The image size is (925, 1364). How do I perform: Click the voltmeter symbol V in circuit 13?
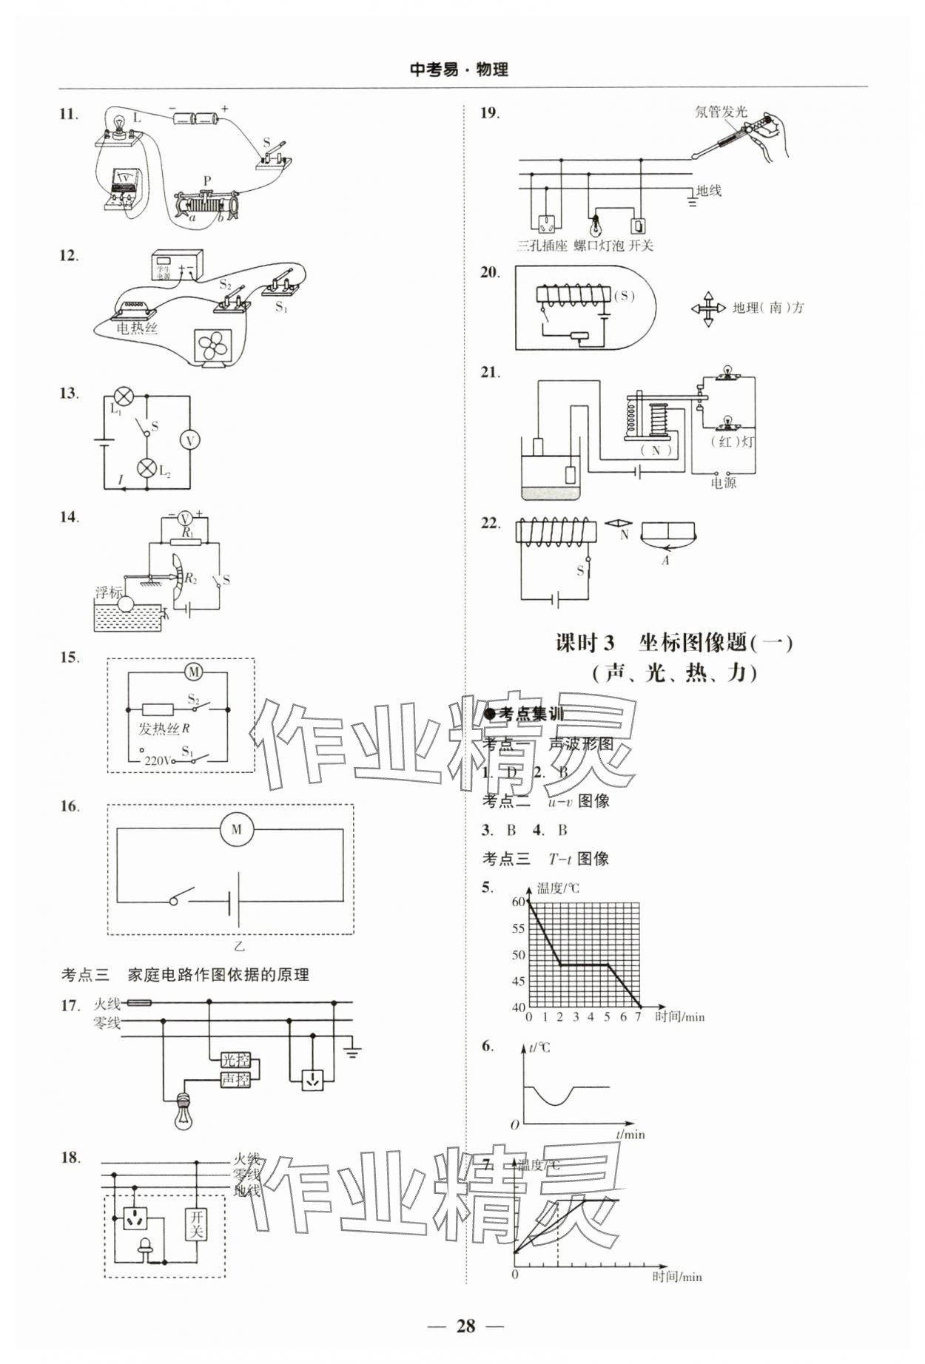coord(189,440)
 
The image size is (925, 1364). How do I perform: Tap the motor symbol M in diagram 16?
coord(237,829)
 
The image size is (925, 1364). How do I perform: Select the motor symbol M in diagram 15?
coord(194,672)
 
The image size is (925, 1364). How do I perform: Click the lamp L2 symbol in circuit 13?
coord(147,469)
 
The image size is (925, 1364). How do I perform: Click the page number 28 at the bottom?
coord(465,1325)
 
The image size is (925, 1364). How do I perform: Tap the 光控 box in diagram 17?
coord(235,1060)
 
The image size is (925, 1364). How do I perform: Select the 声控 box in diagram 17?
coord(235,1079)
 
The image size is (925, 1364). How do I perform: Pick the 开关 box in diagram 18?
coord(196,1224)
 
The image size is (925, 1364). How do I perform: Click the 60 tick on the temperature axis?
coord(518,902)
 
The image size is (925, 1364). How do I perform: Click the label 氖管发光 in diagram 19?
coord(721,112)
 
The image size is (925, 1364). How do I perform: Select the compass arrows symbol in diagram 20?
coord(708,308)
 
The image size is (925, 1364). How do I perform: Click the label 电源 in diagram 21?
coord(723,483)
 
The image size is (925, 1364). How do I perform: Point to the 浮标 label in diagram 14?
coord(108,592)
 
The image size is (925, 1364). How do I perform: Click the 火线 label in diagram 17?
coord(107,1004)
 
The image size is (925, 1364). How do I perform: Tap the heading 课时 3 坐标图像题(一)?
coord(673,642)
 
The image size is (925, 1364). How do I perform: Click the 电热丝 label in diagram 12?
coord(137,328)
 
